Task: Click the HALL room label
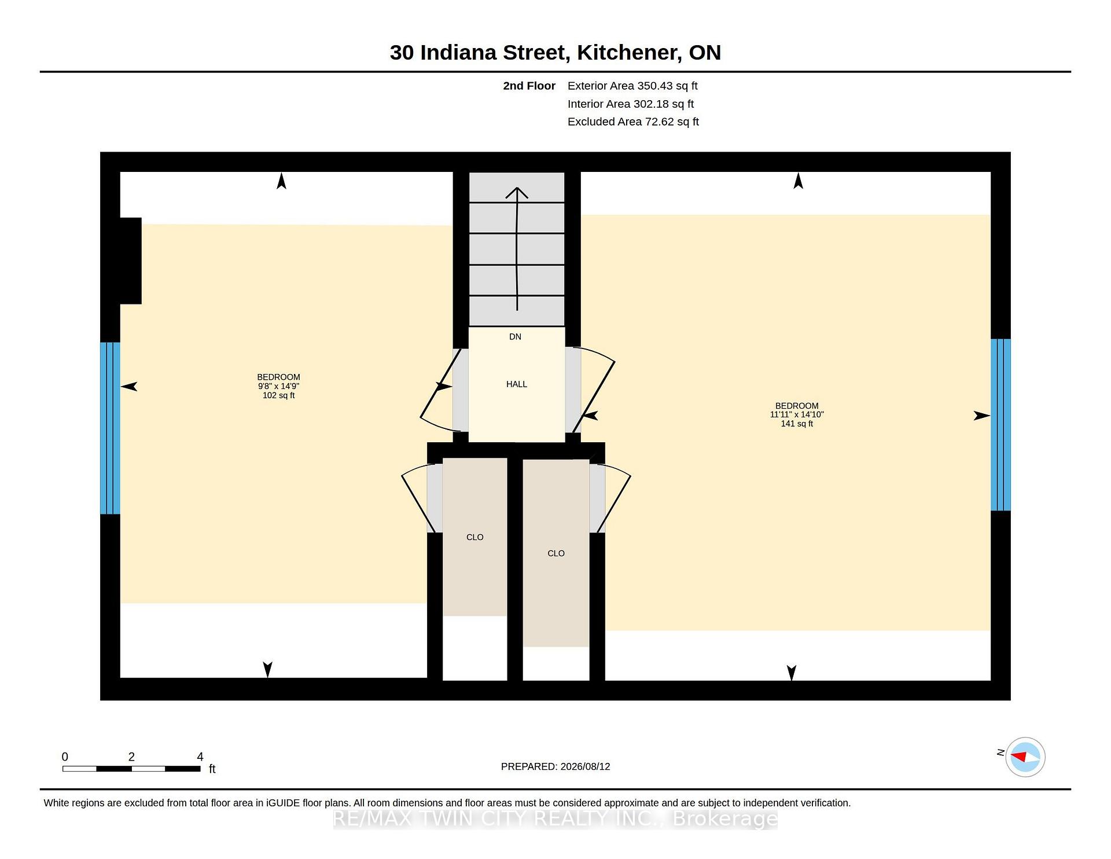pos(517,384)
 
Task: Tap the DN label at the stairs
pos(515,337)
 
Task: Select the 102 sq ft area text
pos(278,395)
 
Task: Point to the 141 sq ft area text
pos(797,424)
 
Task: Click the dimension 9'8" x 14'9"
pos(278,386)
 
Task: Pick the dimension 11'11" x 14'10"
pos(797,414)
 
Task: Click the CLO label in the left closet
pos(474,537)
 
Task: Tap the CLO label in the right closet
pos(555,553)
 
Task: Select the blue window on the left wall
pos(110,428)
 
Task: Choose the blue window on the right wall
pos(1000,425)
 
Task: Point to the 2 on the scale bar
pos(131,757)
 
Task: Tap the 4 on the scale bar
pos(200,757)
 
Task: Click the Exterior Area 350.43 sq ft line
pos(632,86)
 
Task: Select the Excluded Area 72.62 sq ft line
pos(633,122)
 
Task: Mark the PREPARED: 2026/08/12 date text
pos(555,766)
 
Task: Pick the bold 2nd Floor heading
pos(529,86)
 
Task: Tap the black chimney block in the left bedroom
pos(130,260)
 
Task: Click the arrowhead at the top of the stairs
pos(517,192)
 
